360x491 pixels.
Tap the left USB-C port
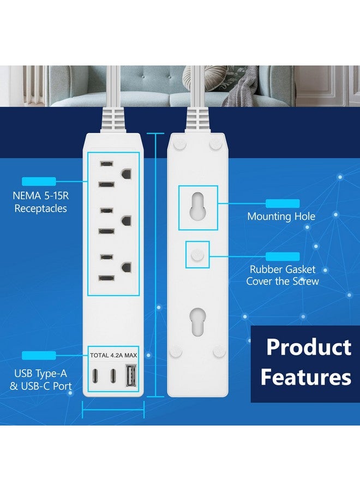point(97,376)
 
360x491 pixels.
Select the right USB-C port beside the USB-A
point(113,376)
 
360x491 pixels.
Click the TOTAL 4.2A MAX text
point(113,355)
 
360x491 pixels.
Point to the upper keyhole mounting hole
point(198,205)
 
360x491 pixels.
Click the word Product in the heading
point(308,348)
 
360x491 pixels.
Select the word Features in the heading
point(305,377)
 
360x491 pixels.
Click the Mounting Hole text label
point(281,217)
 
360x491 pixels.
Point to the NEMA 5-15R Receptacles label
point(40,202)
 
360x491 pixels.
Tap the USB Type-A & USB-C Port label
point(43,380)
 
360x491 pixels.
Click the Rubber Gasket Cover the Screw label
point(282,276)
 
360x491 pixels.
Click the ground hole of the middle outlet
point(127,220)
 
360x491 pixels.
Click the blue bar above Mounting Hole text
point(282,203)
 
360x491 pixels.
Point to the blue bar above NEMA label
point(39,181)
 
